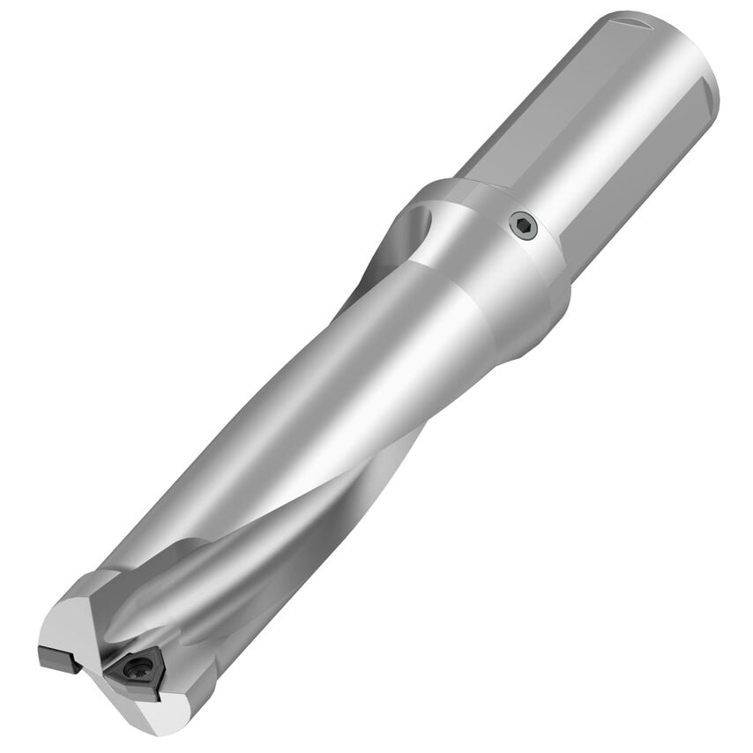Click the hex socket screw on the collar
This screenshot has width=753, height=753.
524,227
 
